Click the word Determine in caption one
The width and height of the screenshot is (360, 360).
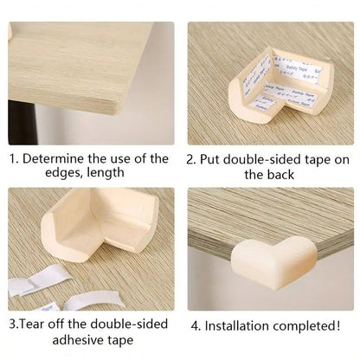tap(55, 158)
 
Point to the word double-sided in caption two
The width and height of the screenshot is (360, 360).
tap(260, 158)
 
